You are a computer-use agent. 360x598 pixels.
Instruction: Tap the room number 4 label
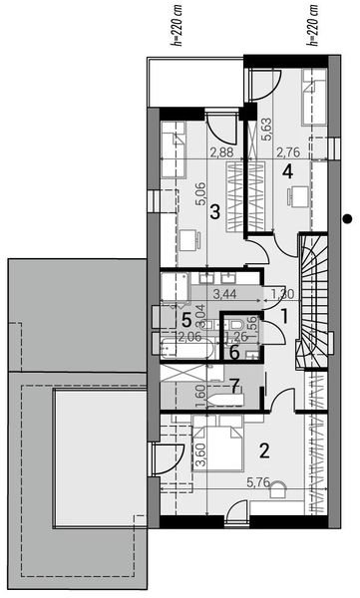pos(288,171)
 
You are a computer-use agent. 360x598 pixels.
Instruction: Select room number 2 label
pos(263,449)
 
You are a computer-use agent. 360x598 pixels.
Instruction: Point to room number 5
pos(187,319)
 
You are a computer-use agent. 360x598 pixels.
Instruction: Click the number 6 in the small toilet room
pos(234,350)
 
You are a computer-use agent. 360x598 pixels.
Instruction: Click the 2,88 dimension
pos(222,152)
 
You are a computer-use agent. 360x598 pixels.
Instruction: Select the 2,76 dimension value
pos(288,152)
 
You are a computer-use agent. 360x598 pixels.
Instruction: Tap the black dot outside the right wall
pos(346,218)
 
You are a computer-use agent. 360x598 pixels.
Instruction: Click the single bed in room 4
pos(314,95)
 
